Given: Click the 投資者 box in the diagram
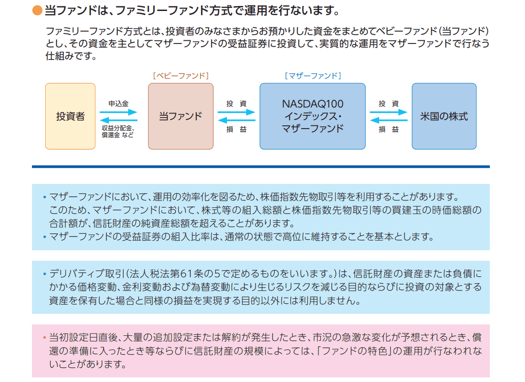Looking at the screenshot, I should click(70, 116).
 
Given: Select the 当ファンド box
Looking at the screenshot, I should click(180, 116).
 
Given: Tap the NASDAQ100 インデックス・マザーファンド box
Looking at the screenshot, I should click(312, 116).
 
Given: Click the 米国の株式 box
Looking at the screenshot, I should click(444, 116).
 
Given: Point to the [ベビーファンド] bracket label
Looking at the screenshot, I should click(180, 76).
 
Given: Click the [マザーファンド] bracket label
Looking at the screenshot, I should click(313, 76).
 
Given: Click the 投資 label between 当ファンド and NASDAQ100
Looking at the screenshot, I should click(236, 104).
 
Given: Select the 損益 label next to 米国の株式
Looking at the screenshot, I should click(388, 129).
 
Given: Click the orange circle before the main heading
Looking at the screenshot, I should click(37, 10).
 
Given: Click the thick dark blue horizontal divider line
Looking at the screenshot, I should click(260, 167).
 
